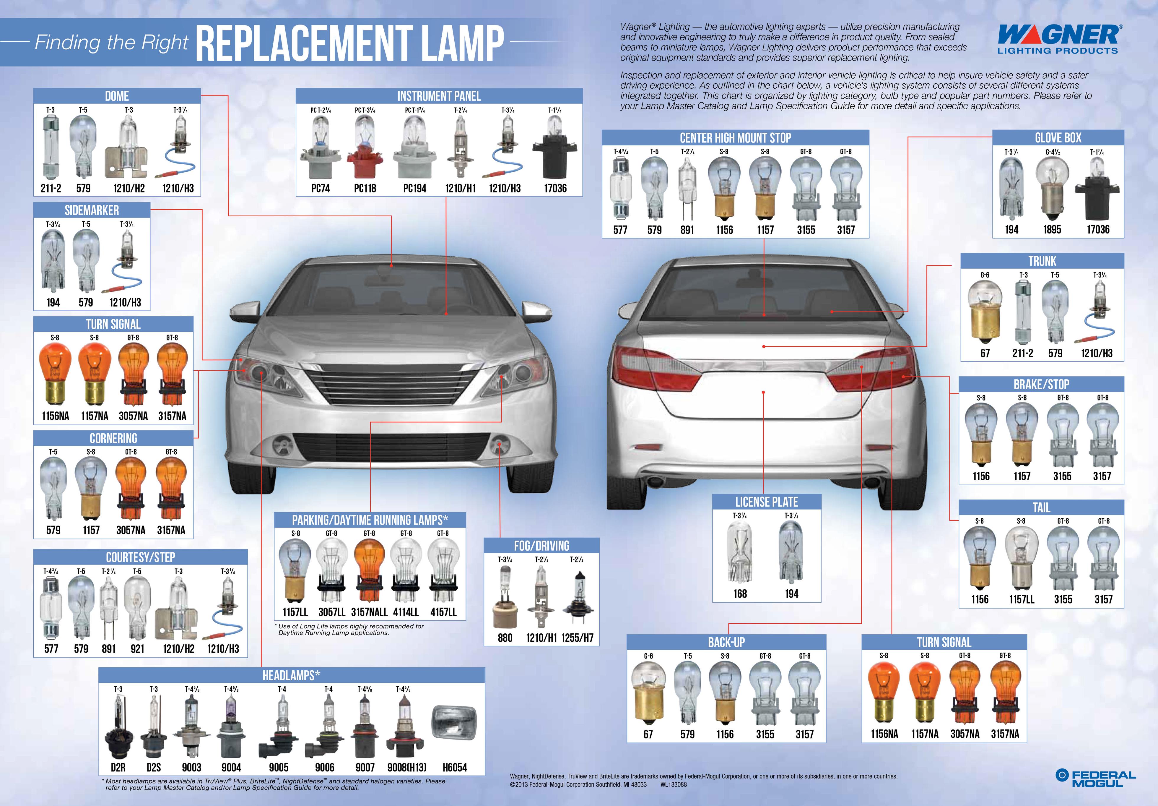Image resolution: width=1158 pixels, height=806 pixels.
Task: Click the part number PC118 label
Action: click(x=365, y=188)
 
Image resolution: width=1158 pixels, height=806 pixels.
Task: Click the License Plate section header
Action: click(x=767, y=502)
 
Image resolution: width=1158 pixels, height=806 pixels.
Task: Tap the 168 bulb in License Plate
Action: click(x=740, y=553)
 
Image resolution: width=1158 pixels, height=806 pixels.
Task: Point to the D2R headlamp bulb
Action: click(x=118, y=727)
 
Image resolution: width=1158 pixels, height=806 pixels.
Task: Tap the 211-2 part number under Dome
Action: click(x=51, y=188)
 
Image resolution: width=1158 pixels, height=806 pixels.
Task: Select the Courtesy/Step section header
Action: click(x=141, y=557)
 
